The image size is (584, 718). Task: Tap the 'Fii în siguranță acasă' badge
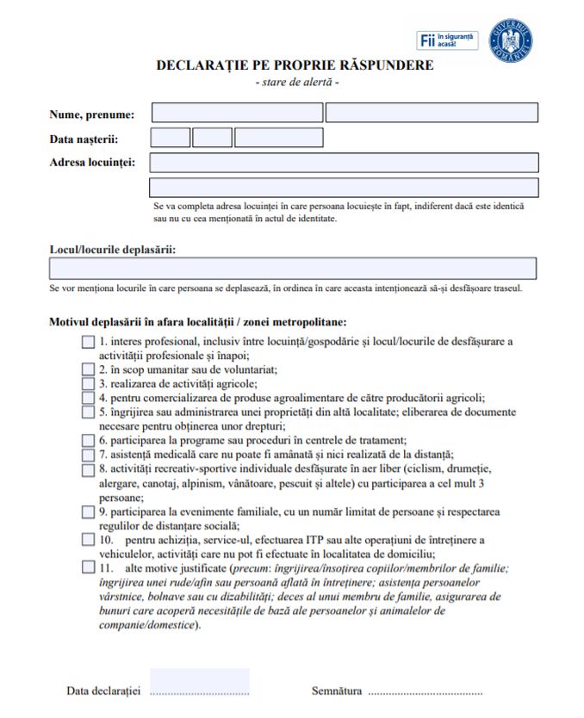[447, 40]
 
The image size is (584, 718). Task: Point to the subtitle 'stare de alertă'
[297, 82]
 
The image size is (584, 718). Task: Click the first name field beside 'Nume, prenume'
[237, 113]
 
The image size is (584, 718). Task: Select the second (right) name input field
[432, 113]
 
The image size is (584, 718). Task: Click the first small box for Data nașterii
[171, 138]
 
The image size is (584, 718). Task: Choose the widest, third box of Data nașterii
[267, 138]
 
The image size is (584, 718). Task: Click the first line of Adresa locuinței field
[345, 163]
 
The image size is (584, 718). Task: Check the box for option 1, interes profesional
[88, 342]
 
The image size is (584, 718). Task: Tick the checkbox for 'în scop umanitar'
[88, 369]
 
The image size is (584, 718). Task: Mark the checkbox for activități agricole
[88, 383]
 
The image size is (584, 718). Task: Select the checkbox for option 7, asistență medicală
[88, 454]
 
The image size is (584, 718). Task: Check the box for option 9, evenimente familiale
[88, 512]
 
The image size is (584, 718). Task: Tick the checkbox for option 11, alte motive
[88, 568]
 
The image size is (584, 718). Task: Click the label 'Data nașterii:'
[84, 139]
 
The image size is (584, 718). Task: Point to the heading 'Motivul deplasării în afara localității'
[198, 322]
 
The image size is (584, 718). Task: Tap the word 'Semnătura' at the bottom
[337, 691]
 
